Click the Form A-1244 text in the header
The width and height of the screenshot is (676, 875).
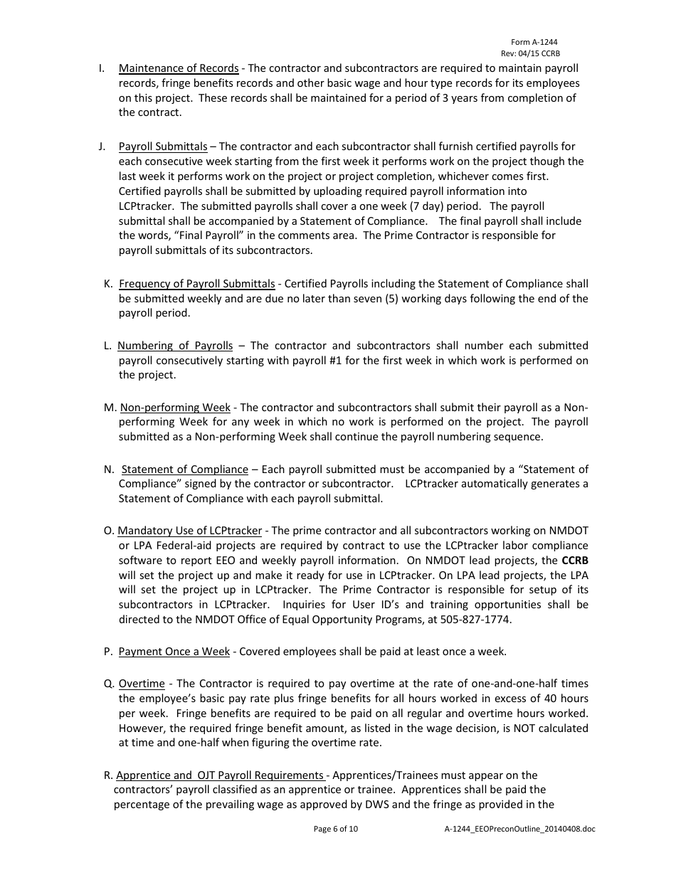[x=534, y=43]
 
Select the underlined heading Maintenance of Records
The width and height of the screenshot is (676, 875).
[x=179, y=68]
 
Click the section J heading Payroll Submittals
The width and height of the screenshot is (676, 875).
[x=163, y=147]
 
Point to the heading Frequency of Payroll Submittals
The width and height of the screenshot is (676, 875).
[x=196, y=284]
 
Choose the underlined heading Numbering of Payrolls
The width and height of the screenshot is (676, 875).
[x=175, y=346]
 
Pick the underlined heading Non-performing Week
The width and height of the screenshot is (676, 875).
[x=175, y=408]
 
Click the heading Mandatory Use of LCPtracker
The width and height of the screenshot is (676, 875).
[x=189, y=531]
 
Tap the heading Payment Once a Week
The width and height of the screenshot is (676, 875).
[x=174, y=652]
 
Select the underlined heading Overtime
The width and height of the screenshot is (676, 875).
[x=142, y=684]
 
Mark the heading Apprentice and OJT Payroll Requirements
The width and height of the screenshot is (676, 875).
[x=220, y=775]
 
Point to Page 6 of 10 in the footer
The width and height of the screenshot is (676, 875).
[x=336, y=829]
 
